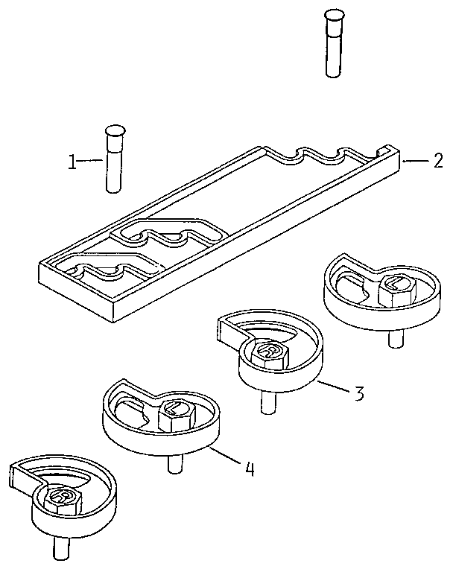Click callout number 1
click(x=72, y=161)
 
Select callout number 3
click(x=359, y=393)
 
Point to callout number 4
click(x=250, y=468)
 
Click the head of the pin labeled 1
click(x=114, y=131)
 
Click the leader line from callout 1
click(x=92, y=160)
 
